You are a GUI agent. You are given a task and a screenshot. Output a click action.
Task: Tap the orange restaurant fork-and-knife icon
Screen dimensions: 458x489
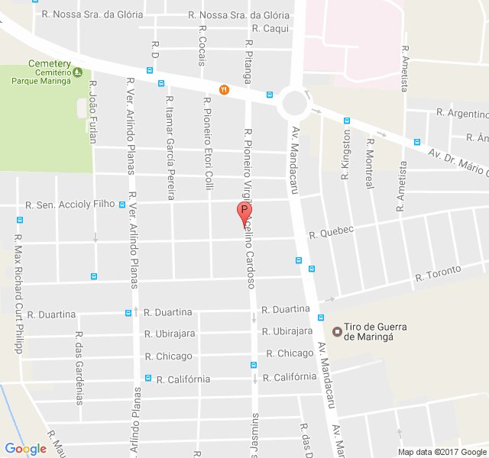tap(224, 89)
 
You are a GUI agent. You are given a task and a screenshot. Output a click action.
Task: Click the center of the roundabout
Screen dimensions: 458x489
tap(294, 102)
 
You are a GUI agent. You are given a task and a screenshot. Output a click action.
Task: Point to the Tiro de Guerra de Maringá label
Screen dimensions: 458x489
tap(375, 331)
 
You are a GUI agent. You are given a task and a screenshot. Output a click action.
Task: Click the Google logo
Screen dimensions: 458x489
tap(26, 449)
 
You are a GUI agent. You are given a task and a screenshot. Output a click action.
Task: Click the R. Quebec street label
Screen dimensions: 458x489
tap(332, 231)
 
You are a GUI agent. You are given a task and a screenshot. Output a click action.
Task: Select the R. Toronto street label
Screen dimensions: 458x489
tap(438, 273)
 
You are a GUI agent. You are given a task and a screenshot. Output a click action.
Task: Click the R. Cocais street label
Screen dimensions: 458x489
tap(202, 45)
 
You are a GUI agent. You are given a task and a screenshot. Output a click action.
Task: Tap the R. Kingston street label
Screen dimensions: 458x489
tap(345, 154)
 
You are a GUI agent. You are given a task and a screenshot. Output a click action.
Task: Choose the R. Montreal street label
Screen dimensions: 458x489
tap(370, 163)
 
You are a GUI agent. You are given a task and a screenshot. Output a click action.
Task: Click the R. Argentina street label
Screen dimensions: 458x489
tap(462, 113)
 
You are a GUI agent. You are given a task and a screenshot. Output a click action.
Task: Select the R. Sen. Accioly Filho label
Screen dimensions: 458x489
tap(70, 205)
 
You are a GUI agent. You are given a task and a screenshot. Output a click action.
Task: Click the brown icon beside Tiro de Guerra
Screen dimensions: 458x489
tap(337, 331)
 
